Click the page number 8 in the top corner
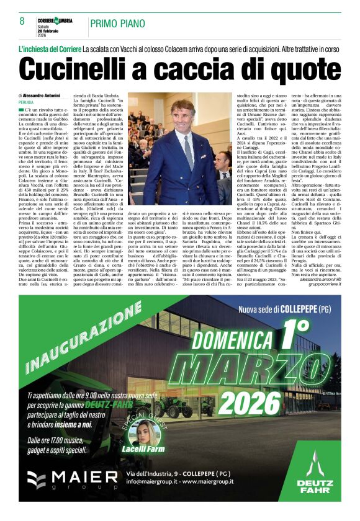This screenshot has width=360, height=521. [22, 21]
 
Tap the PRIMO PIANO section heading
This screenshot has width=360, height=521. [120, 24]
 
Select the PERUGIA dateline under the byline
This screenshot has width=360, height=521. [27, 102]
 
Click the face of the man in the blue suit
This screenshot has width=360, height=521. [183, 114]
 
